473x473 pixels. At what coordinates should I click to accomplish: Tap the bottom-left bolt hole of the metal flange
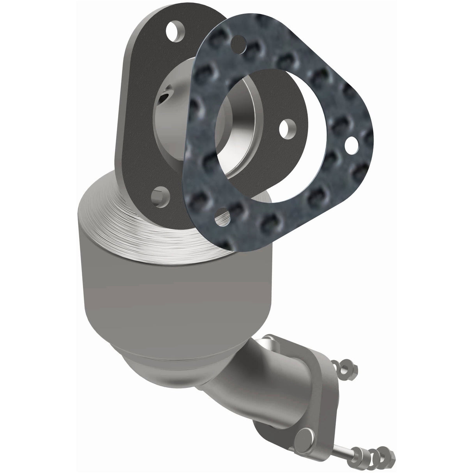click(x=159, y=193)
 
